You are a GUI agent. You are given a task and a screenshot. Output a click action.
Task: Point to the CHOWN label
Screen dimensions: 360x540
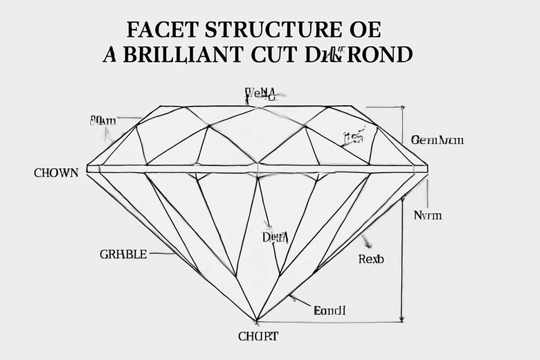(56, 173)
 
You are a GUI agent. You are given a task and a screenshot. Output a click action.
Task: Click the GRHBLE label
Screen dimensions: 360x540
(124, 254)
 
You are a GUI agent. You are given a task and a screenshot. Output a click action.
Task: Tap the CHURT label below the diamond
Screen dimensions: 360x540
(258, 337)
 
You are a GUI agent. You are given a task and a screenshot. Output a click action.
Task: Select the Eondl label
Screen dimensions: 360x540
(330, 311)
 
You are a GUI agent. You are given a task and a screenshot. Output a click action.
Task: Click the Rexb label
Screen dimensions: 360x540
(371, 260)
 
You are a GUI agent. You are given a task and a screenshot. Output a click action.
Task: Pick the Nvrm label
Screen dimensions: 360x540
(427, 215)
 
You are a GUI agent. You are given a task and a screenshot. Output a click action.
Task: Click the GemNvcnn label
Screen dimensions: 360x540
(437, 140)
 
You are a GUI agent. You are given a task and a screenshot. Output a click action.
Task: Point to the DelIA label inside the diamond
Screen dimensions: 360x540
(275, 237)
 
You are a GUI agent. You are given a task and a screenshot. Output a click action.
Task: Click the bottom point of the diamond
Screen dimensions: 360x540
(258, 321)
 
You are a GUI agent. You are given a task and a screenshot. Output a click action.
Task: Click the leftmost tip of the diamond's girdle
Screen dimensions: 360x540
(87, 168)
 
